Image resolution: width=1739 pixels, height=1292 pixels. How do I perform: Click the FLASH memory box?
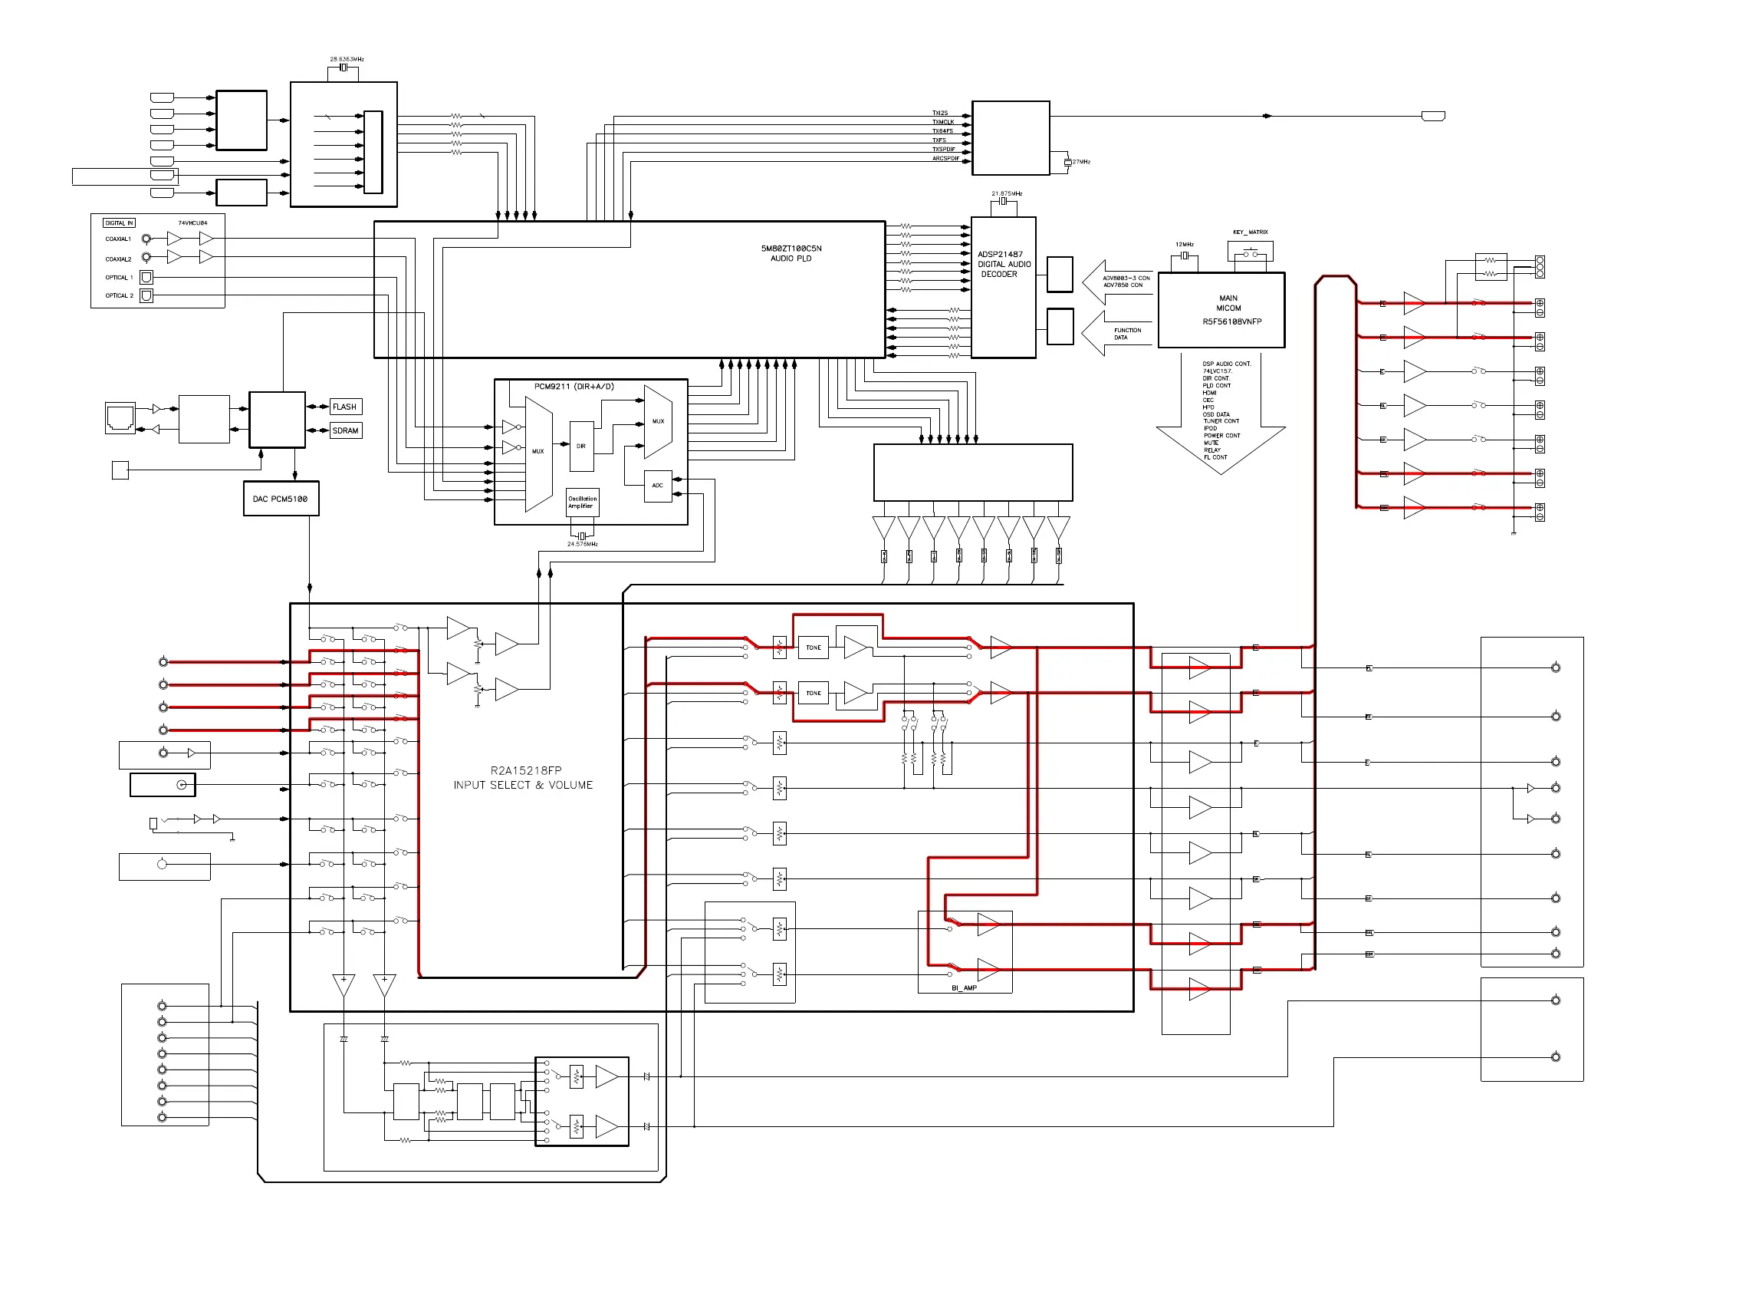click(345, 407)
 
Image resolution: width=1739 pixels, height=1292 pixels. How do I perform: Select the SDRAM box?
click(346, 431)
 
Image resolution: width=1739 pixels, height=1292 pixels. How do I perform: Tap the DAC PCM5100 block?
click(281, 499)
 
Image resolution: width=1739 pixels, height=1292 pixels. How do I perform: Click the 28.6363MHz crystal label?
click(347, 59)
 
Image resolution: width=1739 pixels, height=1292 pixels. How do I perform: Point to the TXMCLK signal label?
click(942, 122)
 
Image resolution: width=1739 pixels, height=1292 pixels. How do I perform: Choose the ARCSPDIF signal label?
click(945, 159)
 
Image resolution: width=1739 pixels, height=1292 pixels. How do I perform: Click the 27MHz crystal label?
click(1081, 162)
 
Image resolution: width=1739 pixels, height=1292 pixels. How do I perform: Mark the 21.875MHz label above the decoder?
click(1007, 193)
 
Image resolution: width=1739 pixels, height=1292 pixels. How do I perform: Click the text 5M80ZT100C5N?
click(791, 249)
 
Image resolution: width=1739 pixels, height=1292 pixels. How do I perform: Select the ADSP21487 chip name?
click(1000, 254)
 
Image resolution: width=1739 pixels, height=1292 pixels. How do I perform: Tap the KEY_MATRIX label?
click(1251, 232)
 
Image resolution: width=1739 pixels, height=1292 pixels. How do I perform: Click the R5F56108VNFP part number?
click(1231, 321)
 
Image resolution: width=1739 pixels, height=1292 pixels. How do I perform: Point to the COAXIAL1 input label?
click(118, 239)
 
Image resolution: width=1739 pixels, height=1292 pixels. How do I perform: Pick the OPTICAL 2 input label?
click(119, 295)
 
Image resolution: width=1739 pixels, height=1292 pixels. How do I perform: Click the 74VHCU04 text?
click(192, 223)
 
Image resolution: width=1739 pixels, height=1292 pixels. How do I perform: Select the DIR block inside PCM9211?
click(581, 447)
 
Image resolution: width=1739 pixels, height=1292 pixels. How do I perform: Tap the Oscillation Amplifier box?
click(581, 503)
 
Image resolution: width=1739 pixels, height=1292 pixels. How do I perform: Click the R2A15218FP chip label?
click(525, 770)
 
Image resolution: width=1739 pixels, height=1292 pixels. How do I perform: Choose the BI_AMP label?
click(964, 987)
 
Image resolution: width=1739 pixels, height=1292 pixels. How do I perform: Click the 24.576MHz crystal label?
click(582, 544)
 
